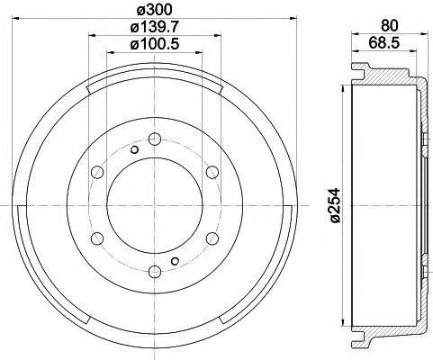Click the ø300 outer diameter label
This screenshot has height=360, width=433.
click(x=155, y=11)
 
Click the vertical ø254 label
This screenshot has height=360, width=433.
click(x=334, y=209)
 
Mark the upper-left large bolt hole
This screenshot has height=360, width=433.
click(x=97, y=172)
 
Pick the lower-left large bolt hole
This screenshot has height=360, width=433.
click(x=97, y=238)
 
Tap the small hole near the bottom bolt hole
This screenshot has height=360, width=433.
click(x=175, y=261)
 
